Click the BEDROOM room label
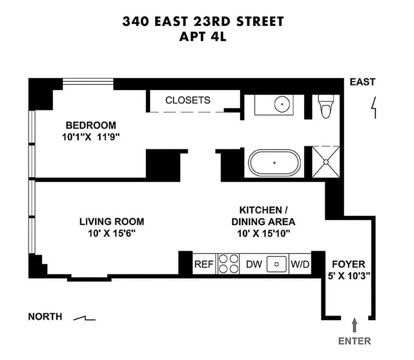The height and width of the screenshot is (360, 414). (x=91, y=125)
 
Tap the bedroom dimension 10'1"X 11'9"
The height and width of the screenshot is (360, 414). (x=91, y=137)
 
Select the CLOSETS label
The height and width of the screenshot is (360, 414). (x=188, y=100)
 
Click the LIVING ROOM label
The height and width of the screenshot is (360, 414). (x=112, y=222)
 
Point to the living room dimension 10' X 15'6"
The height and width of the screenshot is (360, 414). (x=112, y=234)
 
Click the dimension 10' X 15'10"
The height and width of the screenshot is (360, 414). (x=263, y=234)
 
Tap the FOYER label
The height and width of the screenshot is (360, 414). (x=348, y=264)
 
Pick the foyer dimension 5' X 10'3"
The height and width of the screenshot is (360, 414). (x=349, y=276)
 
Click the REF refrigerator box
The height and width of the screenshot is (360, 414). (x=204, y=264)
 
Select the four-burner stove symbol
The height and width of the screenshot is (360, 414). (x=228, y=264)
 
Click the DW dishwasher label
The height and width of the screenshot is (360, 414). (x=254, y=264)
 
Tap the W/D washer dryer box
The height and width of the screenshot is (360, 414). (x=300, y=264)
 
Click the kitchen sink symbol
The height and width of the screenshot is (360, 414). (x=276, y=264)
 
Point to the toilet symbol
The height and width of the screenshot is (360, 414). (x=326, y=106)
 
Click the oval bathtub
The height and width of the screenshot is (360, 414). (x=274, y=163)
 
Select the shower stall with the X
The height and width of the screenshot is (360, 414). (x=326, y=162)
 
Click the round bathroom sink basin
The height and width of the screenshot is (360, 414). (x=282, y=104)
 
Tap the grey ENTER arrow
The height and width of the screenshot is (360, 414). (x=354, y=325)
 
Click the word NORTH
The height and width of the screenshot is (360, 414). (x=45, y=316)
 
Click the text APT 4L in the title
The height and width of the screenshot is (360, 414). (x=203, y=37)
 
